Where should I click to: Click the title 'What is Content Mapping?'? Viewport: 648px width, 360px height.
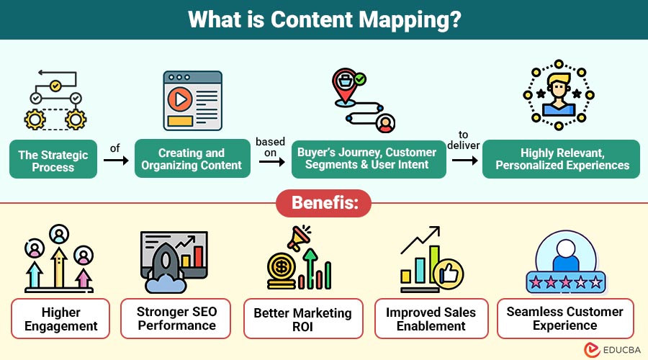click(324, 19)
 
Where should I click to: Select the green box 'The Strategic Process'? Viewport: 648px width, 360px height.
click(53, 161)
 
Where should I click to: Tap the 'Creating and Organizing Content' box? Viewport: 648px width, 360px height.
click(192, 159)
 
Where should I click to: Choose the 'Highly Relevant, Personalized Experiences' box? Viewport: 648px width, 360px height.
click(561, 159)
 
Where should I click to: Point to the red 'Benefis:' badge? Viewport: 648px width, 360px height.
click(323, 204)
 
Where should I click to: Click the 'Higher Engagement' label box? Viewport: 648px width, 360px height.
click(60, 319)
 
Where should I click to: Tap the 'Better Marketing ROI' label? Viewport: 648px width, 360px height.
click(302, 319)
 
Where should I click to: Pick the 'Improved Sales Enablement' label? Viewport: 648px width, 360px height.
click(431, 319)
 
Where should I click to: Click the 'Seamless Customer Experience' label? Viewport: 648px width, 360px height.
click(564, 319)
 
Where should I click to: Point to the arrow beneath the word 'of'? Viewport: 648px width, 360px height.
click(115, 160)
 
